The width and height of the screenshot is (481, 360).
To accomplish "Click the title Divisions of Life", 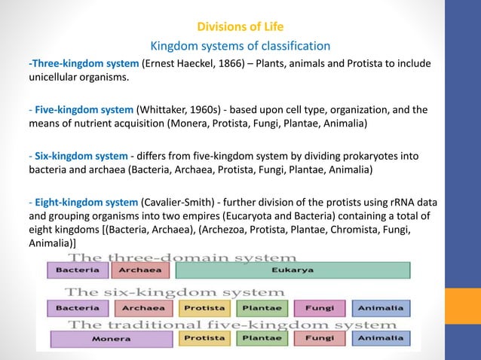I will pos(240,29).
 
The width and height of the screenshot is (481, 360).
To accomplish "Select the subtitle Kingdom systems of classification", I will pos(240,46).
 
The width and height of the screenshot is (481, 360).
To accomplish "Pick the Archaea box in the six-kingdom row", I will pos(144,308).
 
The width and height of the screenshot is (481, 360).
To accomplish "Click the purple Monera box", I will pos(111,340).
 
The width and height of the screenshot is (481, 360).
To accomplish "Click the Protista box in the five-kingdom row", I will pos(204,340).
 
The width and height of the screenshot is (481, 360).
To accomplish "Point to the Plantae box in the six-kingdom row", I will pos(261,308).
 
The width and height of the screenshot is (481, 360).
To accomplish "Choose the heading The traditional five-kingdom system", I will pos(209,325).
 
